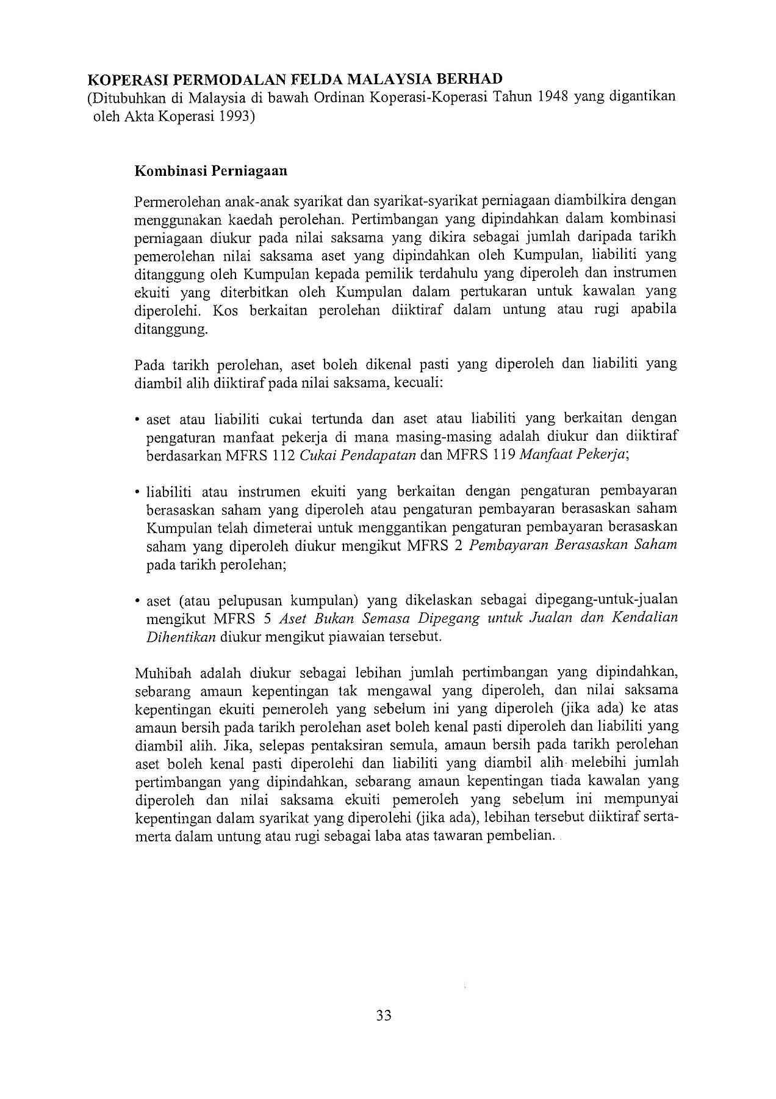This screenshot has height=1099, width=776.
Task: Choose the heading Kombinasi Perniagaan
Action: pyautogui.click(x=210, y=171)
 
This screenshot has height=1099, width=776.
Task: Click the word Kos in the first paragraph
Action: pyautogui.click(x=225, y=310)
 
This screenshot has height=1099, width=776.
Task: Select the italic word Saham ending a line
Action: pyautogui.click(x=656, y=545)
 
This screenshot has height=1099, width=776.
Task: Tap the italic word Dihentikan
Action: pyautogui.click(x=181, y=637)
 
